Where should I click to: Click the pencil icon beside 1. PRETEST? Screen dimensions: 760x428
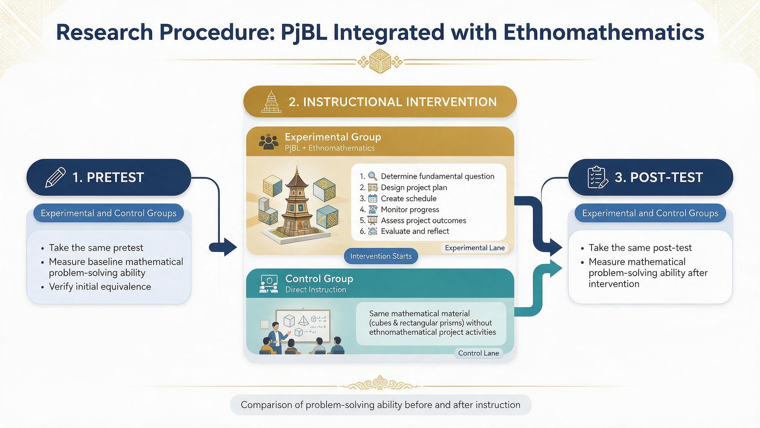(55, 178)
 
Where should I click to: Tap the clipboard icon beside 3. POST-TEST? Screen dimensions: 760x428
(598, 178)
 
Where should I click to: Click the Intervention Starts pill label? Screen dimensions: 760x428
(381, 256)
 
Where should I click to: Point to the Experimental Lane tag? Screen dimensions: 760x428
(475, 248)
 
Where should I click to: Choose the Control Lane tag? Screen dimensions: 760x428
(478, 353)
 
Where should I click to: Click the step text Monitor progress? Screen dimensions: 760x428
(410, 210)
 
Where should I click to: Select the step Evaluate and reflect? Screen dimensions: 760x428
(415, 231)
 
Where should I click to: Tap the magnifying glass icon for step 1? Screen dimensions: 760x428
(372, 176)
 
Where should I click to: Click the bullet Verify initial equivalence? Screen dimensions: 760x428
(100, 286)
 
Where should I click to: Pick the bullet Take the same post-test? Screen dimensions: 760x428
(640, 248)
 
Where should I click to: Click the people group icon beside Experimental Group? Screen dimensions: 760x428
(268, 142)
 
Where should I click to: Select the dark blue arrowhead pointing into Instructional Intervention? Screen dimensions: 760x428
(230, 247)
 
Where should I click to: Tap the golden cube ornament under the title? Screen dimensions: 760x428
(380, 61)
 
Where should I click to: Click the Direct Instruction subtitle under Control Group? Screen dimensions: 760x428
(315, 290)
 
